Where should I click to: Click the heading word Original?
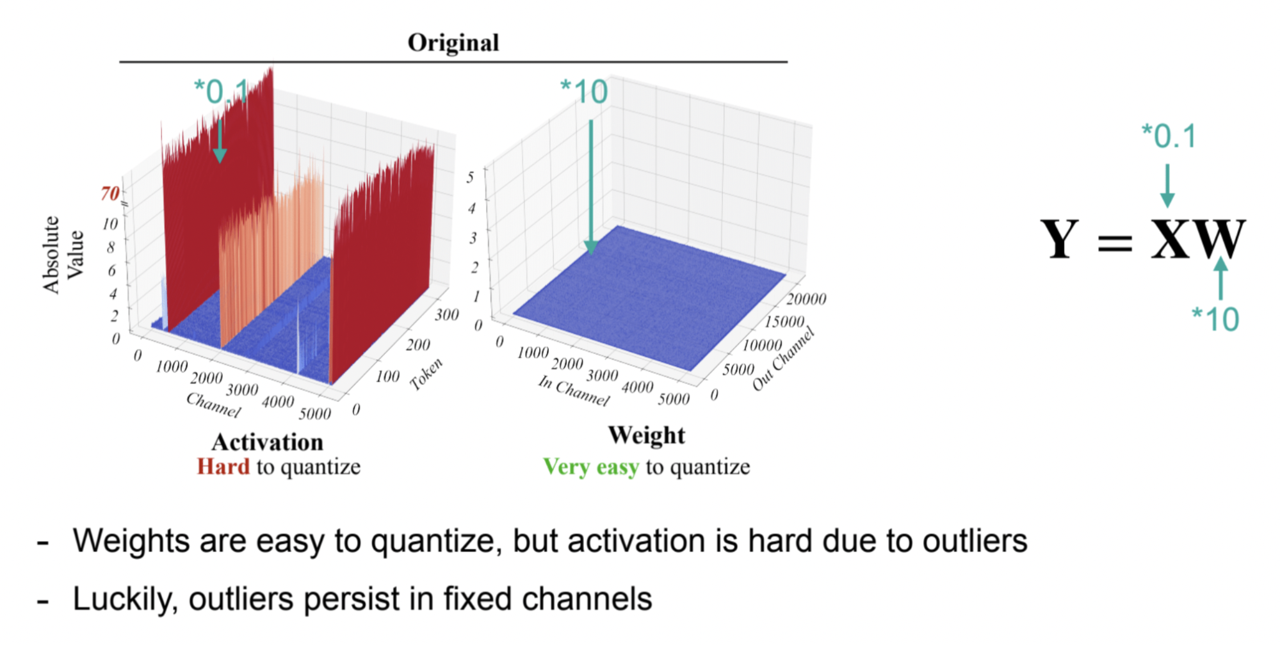pos(453,42)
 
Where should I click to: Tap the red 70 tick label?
pos(110,193)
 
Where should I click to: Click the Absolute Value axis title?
pos(63,254)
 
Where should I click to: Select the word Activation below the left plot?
pos(268,442)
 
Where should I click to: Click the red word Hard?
pos(223,466)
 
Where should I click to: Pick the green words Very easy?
pos(590,467)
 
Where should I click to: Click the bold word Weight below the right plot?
pos(646,435)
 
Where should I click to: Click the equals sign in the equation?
pos(1115,243)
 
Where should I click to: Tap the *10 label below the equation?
pos(1215,318)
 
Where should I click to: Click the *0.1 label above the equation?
pos(1169,136)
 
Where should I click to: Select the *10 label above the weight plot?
pos(583,92)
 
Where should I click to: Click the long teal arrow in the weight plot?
pos(590,186)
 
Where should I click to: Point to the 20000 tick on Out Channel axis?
pos(806,299)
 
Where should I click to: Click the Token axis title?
pos(426,374)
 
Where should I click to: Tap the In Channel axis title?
pos(573,391)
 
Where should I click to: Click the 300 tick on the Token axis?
pos(446,314)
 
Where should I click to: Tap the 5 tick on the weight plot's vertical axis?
pos(470,177)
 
